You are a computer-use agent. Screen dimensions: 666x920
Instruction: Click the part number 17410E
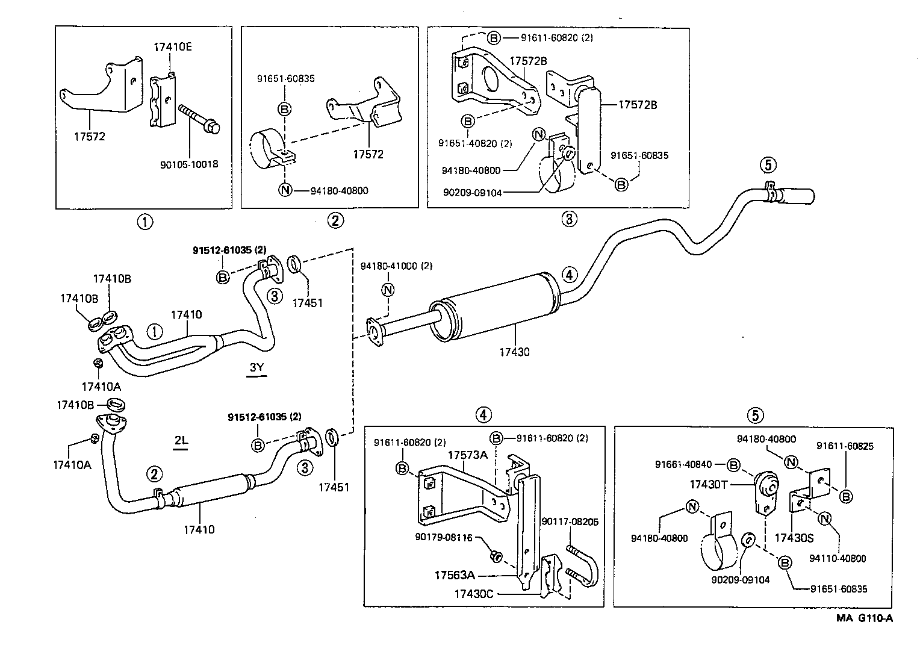172,47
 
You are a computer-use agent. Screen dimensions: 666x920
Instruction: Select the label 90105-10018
189,164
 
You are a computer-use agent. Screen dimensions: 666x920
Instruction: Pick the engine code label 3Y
256,367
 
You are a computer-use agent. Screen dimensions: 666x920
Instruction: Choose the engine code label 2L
181,441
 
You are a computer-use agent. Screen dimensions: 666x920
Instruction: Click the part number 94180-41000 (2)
396,266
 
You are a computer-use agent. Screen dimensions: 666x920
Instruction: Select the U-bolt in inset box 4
582,564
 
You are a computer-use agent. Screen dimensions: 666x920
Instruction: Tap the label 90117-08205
570,521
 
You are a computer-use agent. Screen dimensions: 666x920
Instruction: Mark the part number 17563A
454,575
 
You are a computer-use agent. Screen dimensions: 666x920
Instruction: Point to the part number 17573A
467,455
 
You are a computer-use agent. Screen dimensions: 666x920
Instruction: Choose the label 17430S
794,537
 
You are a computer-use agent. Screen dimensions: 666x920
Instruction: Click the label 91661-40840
683,464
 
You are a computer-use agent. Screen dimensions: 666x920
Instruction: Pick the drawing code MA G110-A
863,618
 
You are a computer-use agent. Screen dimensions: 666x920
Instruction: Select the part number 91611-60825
845,446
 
